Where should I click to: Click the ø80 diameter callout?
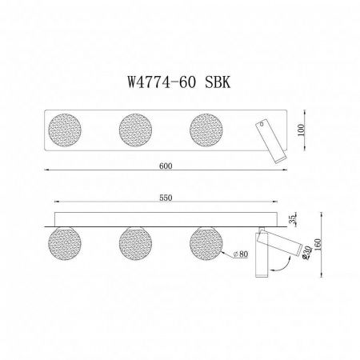tap(242, 255)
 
